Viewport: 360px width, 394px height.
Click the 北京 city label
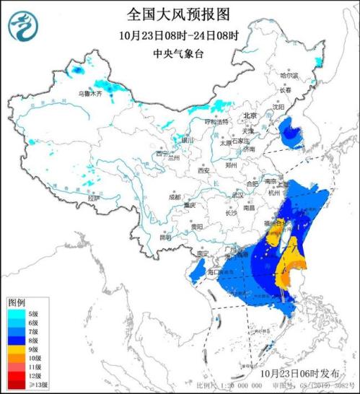point(250,115)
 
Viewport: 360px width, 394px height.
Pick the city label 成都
point(175,196)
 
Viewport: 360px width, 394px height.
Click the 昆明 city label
point(166,237)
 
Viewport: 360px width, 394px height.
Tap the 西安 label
point(203,171)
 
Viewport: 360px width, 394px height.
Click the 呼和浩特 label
point(216,121)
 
